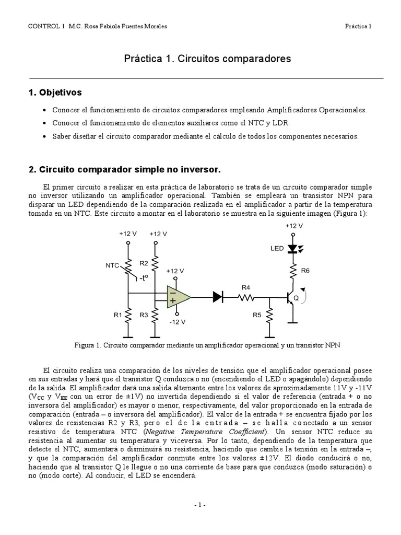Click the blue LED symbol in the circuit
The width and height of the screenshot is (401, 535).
(292, 249)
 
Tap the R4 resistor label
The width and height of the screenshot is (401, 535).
(246, 287)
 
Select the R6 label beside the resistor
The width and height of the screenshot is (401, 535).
(305, 271)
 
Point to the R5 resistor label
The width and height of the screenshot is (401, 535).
(257, 315)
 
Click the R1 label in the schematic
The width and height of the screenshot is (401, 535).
(118, 315)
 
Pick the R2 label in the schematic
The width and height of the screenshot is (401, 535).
(144, 263)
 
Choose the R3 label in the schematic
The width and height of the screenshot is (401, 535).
(144, 315)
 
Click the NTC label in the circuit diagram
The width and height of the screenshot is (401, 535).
(113, 265)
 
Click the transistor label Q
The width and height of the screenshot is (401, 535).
(296, 298)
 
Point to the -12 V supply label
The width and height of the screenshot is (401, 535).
(177, 322)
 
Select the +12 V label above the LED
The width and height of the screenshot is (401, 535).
(293, 226)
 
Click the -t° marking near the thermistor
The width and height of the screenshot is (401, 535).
(144, 278)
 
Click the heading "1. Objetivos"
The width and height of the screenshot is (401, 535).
(55, 92)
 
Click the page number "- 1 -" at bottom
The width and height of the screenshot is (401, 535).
(200, 505)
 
